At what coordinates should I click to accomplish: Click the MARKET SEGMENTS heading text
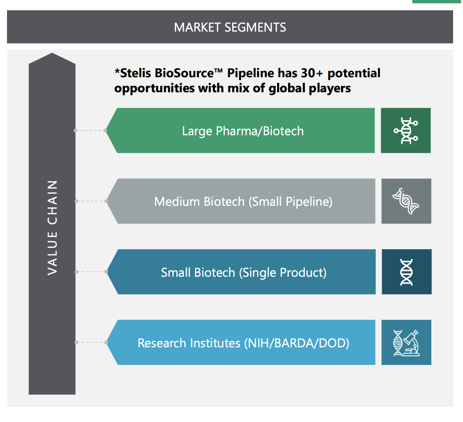pos(230,27)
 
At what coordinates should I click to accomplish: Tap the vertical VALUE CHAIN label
pos(52,228)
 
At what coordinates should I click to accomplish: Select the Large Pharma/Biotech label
pos(243,131)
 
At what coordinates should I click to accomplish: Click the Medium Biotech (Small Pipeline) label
pos(243,202)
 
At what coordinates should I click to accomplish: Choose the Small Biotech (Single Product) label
pos(244,272)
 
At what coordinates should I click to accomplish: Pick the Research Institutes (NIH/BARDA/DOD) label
pos(243,343)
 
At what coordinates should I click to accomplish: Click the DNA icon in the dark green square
pos(406,131)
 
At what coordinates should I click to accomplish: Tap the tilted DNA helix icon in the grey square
pos(406,201)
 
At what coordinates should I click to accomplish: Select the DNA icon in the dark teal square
pos(406,272)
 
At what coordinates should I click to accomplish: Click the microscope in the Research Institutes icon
pos(411,343)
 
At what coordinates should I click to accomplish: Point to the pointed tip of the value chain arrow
pos(52,53)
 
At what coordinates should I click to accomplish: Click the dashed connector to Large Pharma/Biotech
pos(90,130)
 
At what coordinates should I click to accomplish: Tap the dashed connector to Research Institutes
pos(91,342)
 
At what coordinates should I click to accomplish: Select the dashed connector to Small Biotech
pos(91,272)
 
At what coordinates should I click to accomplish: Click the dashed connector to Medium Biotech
pos(91,201)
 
